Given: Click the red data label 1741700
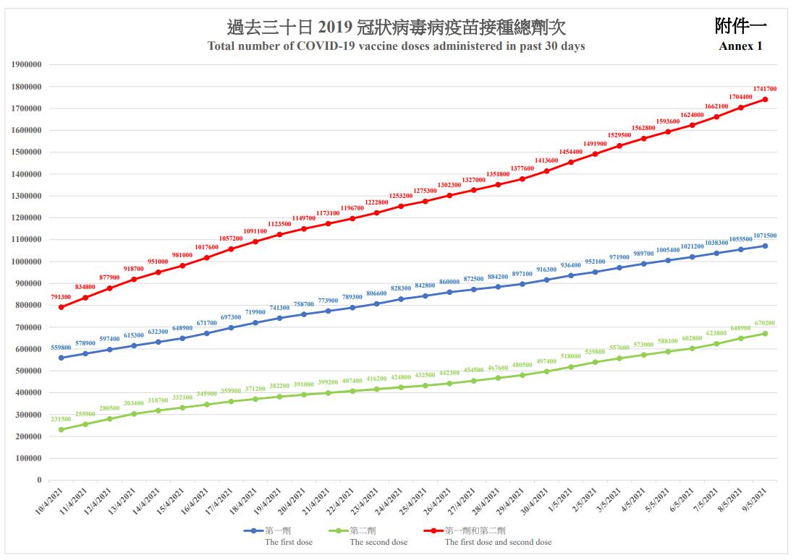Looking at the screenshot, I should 765,89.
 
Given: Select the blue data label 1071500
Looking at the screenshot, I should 765,236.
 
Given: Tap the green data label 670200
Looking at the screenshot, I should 765,323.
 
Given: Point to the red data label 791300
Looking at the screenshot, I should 61,297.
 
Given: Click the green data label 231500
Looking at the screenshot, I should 61,419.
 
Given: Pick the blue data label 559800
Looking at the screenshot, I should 61,347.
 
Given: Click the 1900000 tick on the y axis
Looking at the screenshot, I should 27,64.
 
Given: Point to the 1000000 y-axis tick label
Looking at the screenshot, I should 27,262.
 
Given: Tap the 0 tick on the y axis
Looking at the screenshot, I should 39,480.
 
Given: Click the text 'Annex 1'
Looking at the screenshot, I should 740,46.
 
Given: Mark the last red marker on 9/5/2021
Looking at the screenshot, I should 765,100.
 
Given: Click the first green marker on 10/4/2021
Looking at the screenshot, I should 61,429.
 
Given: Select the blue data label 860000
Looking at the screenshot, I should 449,282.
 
